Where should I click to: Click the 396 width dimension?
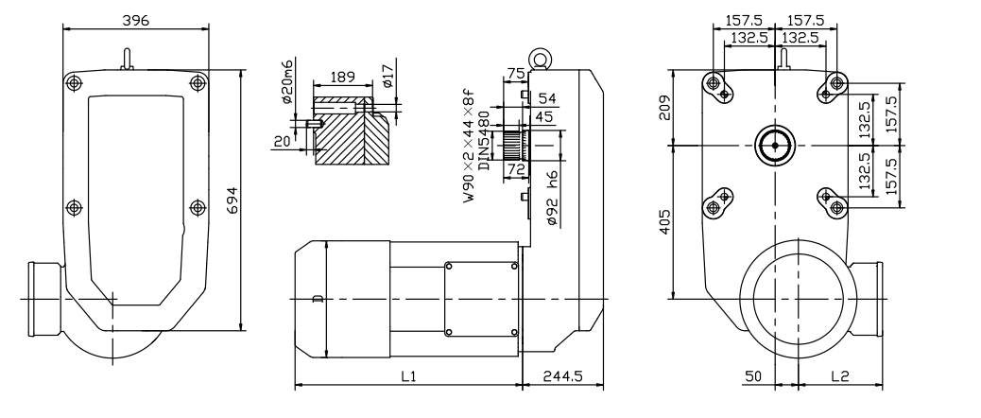tap(136, 20)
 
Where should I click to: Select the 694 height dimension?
tap(232, 200)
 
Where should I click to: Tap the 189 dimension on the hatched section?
tap(342, 77)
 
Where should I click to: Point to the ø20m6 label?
tap(287, 82)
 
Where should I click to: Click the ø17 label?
tap(387, 75)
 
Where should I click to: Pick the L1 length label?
tap(408, 376)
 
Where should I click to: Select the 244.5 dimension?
tap(563, 376)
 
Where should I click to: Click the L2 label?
tap(839, 376)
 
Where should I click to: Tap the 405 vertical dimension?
tap(664, 222)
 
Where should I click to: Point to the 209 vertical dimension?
tap(664, 108)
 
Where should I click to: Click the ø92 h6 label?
tap(552, 198)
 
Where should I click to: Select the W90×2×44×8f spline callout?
tap(469, 146)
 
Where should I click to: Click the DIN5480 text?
tap(484, 140)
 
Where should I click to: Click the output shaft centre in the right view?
tap(775, 146)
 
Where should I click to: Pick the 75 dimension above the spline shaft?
tap(516, 73)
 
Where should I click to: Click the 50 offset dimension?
tap(753, 376)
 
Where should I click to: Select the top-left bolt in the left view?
tap(74, 82)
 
